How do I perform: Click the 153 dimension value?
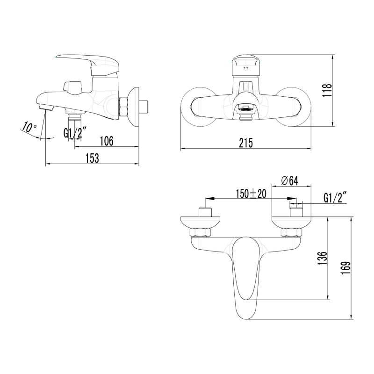coord(92,158)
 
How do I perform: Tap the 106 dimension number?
coord(107,141)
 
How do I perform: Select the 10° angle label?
coord(29,127)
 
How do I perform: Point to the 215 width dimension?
coord(246,143)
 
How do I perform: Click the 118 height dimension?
coord(327,90)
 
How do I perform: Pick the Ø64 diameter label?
coord(289,181)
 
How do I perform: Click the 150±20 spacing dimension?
coord(251,194)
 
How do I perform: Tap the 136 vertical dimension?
coord(322,258)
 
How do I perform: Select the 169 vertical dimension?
coord(345,268)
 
